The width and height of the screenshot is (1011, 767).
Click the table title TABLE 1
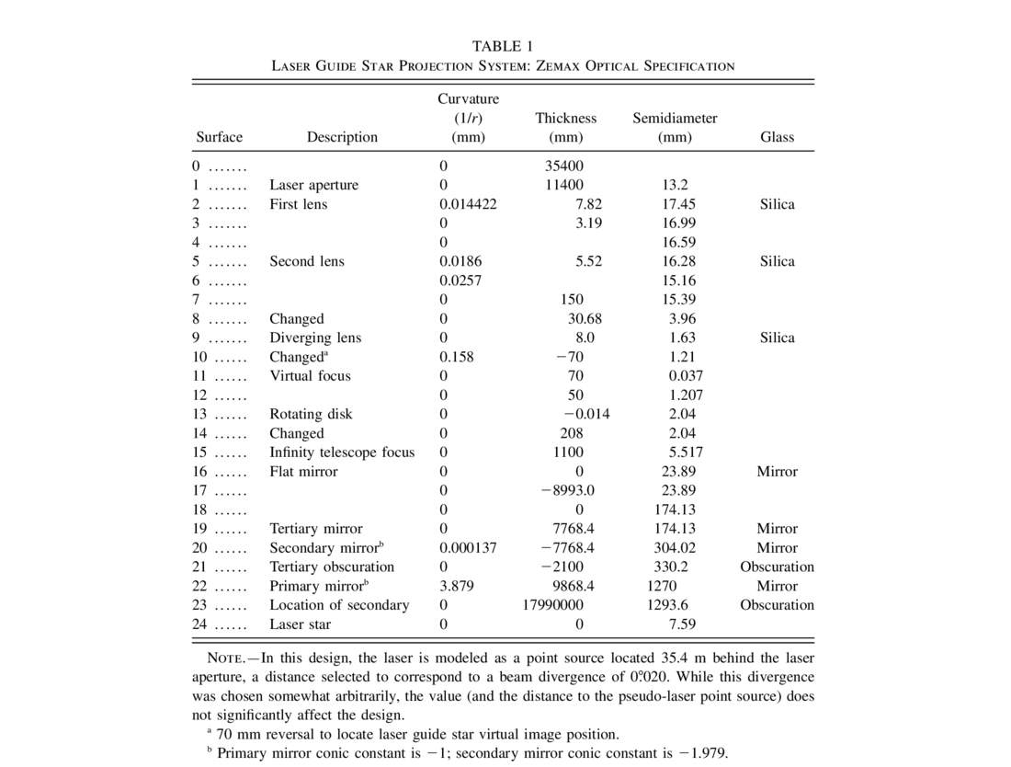503,46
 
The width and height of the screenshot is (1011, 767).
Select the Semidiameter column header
675,119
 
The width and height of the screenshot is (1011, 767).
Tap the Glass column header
777,137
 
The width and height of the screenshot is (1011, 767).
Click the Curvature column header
468,99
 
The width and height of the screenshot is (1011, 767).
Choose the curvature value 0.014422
468,204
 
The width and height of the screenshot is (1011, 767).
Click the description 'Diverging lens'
315,338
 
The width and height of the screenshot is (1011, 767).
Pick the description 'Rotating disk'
311,414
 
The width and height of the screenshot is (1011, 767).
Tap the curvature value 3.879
457,586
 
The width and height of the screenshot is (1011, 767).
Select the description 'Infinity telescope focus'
342,452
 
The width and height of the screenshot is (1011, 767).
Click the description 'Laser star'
300,624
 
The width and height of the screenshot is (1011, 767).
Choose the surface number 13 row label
201,414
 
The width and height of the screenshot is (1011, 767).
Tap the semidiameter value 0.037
686,375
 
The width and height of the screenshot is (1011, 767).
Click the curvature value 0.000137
468,547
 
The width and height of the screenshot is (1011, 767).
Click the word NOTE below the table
224,658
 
